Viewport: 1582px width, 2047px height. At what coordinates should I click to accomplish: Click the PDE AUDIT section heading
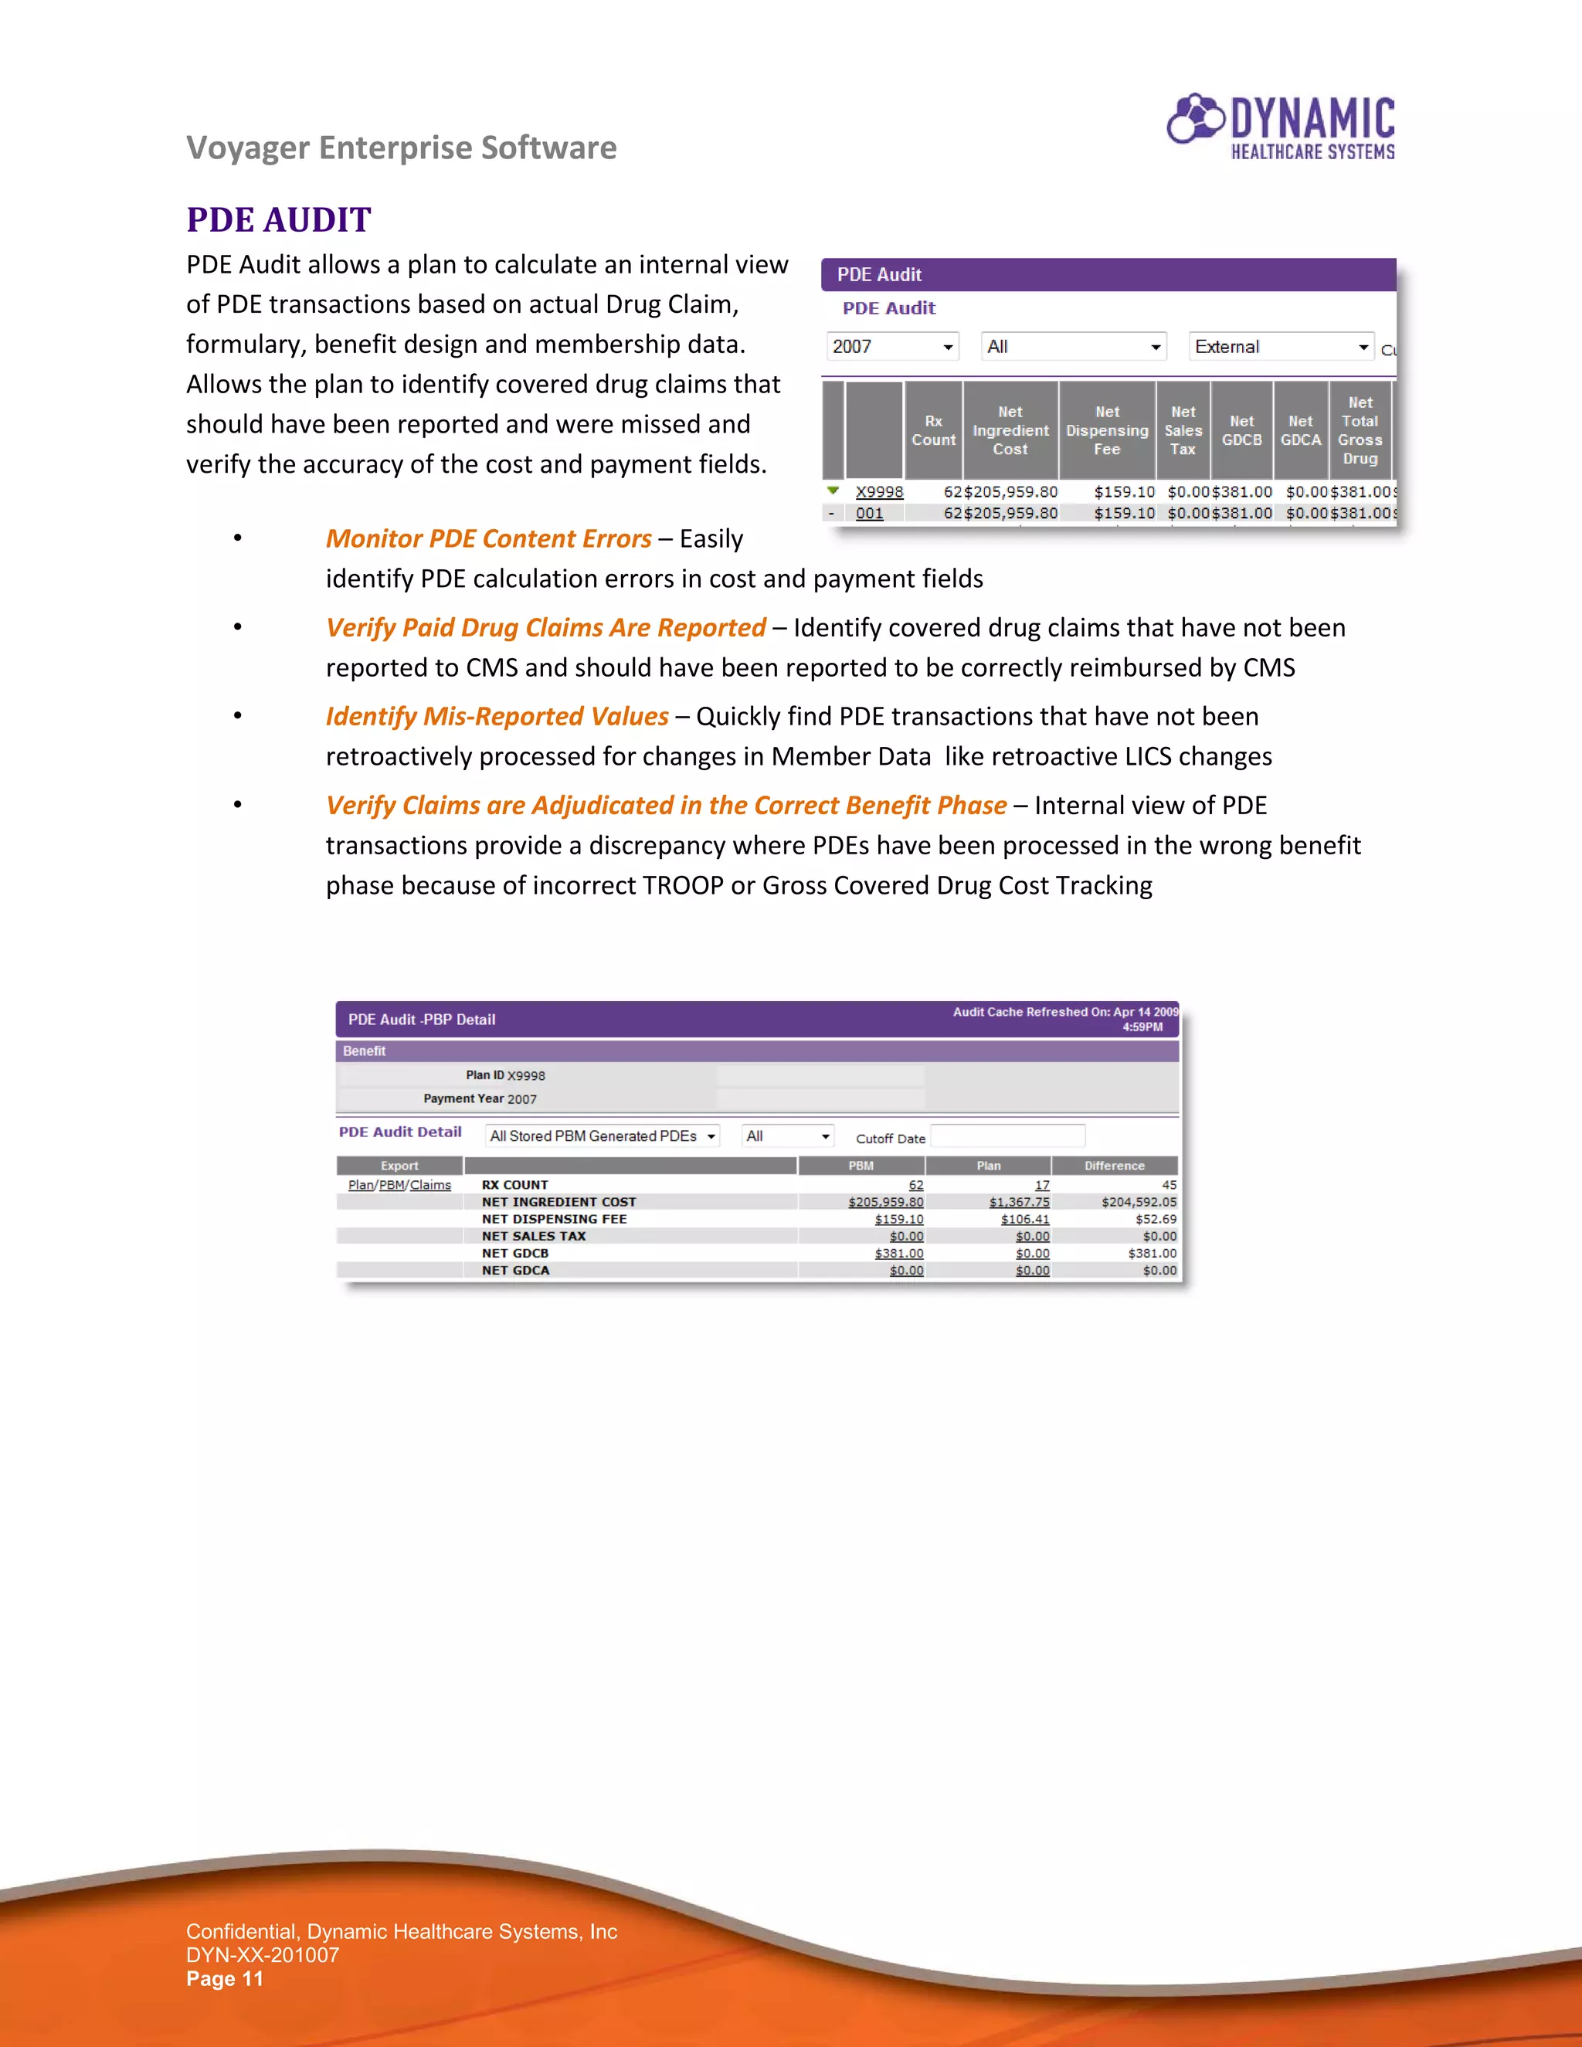(278, 219)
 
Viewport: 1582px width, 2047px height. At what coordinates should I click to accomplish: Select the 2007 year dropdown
(891, 347)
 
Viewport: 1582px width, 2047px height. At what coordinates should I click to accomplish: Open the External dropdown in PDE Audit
(1279, 347)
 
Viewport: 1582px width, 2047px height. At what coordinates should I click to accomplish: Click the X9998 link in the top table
(878, 491)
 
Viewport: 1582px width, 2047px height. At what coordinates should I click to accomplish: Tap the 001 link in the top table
(869, 513)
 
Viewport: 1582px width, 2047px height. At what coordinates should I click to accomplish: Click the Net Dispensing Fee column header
(1106, 430)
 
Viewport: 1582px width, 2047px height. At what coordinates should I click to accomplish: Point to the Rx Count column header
(932, 430)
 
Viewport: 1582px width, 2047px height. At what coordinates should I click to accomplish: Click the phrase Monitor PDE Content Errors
(488, 539)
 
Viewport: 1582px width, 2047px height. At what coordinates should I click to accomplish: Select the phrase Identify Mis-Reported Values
(497, 717)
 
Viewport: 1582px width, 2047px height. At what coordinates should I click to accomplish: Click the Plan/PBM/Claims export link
(399, 1185)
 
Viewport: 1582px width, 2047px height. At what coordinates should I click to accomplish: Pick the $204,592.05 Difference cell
(1138, 1202)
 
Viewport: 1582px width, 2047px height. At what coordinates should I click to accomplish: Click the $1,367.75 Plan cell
(1019, 1202)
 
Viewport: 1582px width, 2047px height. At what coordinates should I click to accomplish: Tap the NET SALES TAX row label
(533, 1236)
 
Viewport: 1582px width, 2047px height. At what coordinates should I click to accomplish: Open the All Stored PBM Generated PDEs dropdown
(602, 1136)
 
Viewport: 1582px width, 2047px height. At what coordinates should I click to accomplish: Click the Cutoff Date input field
(1007, 1136)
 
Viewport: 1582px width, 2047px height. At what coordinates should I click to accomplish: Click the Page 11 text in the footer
(224, 1978)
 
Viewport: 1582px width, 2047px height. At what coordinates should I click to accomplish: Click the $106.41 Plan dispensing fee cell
(1024, 1220)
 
